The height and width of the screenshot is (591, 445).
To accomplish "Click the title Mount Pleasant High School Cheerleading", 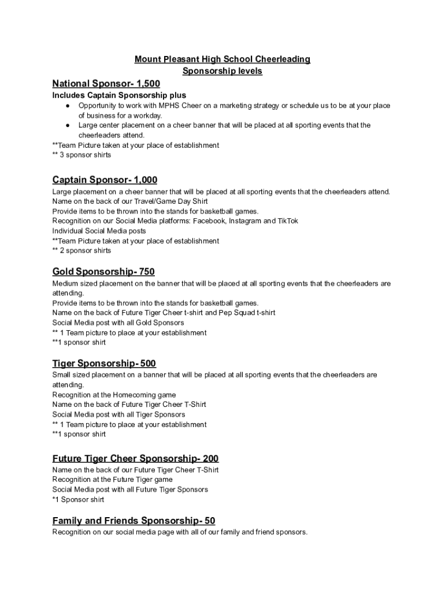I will (x=222, y=59).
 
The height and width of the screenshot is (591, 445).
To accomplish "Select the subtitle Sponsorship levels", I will (x=222, y=71).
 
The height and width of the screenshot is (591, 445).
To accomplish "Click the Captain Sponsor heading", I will (x=105, y=180).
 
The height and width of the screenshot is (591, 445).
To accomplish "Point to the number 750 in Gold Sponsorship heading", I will (x=147, y=272).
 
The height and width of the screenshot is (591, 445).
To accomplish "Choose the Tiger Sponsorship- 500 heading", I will (x=104, y=364).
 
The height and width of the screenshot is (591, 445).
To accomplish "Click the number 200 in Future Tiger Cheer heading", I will (x=210, y=459).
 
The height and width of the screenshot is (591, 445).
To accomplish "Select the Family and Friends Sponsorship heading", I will (x=133, y=521).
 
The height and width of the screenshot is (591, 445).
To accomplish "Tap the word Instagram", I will (x=242, y=221).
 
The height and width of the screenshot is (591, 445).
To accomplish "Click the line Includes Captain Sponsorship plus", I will (x=119, y=95).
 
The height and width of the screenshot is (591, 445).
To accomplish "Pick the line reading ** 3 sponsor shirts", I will (x=81, y=155).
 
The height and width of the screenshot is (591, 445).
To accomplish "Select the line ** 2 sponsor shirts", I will (x=81, y=251).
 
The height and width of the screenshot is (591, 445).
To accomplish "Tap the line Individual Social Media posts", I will (x=99, y=231).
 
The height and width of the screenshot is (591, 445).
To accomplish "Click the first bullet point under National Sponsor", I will (x=68, y=106).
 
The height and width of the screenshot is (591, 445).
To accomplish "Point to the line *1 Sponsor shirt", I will (x=78, y=500).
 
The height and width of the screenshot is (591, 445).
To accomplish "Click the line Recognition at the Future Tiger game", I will (x=112, y=480).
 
